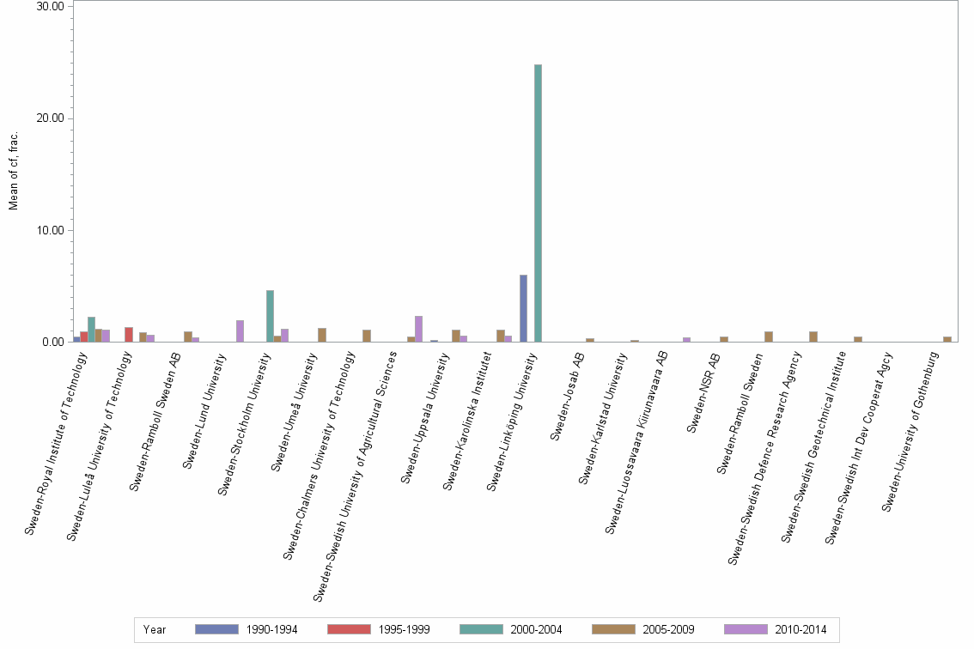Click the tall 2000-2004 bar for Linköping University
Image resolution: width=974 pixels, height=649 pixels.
coord(538,203)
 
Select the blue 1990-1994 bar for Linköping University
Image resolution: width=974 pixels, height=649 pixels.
coord(523,308)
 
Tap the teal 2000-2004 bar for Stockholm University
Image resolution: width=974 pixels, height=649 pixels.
coord(270,316)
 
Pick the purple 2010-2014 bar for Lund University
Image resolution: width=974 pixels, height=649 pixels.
coord(240,331)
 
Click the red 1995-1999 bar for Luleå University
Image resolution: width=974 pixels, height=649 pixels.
coord(128,335)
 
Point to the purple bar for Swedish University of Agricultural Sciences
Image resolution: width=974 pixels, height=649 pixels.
coord(418,329)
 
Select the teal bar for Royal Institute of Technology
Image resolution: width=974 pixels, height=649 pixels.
coord(91,330)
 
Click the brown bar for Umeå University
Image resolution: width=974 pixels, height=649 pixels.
coord(322,335)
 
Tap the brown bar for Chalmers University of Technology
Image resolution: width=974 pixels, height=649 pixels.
coord(367,336)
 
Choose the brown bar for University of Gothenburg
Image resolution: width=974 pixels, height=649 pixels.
coord(947,339)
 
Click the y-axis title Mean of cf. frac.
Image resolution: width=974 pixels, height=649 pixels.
coord(13,171)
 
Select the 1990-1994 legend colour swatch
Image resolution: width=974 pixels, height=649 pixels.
coord(216,629)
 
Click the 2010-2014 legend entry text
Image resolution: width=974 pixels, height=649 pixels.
coord(800,629)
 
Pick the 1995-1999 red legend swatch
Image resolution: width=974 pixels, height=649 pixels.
coord(349,629)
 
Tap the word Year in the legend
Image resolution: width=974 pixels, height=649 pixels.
coord(155,629)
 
